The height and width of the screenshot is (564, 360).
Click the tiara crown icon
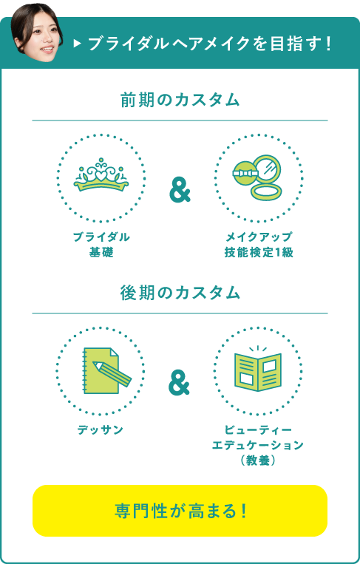[101, 174]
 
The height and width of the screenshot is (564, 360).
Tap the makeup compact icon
[257, 177]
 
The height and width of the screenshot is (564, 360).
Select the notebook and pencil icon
[107, 370]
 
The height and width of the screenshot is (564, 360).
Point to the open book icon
[258, 369]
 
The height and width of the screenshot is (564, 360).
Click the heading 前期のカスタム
[180, 100]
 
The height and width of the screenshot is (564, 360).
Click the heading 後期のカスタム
[180, 293]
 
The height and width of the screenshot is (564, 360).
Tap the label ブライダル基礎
[101, 245]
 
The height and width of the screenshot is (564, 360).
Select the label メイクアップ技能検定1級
[259, 245]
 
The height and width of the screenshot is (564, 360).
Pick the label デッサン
[101, 429]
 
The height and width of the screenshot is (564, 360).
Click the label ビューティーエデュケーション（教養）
[257, 445]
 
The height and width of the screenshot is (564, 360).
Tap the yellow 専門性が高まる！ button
[180, 511]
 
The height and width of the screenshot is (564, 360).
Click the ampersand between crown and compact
[180, 191]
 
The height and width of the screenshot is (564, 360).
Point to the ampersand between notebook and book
[179, 384]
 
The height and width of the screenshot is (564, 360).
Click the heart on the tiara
[101, 176]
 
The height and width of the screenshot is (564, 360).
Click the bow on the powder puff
[245, 173]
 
